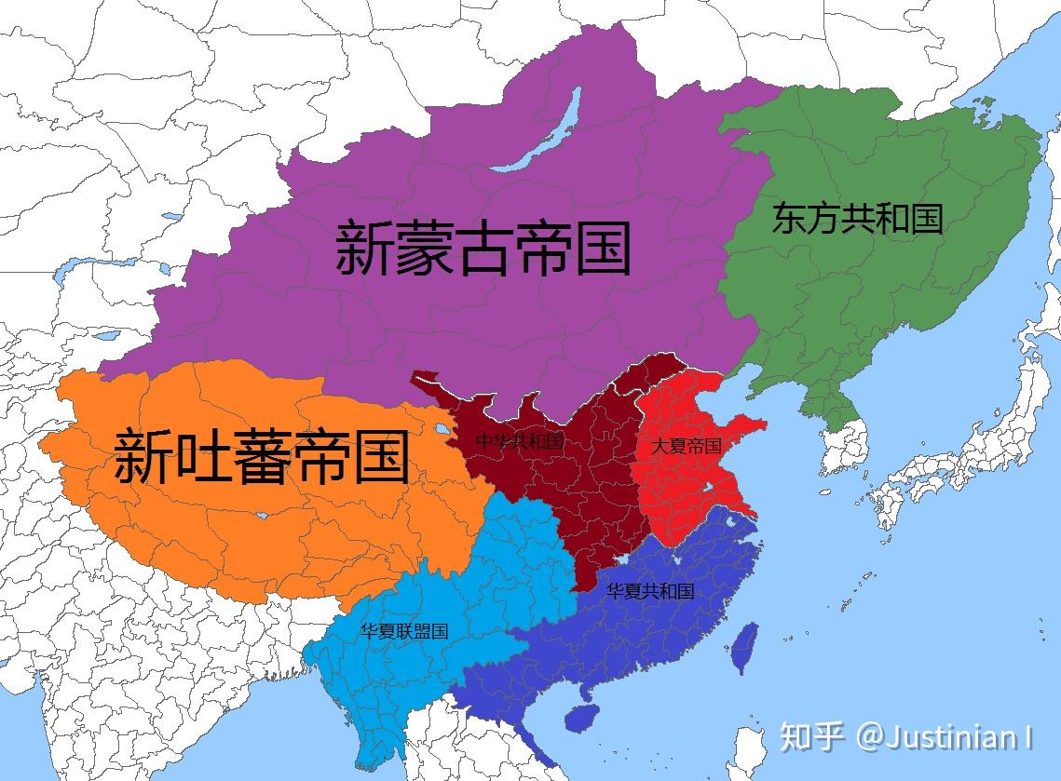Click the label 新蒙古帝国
click(x=483, y=249)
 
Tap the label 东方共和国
click(x=857, y=219)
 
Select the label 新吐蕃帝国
click(x=262, y=456)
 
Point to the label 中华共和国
click(x=520, y=441)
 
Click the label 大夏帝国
click(x=687, y=446)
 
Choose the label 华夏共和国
click(x=650, y=591)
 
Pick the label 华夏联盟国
click(x=404, y=631)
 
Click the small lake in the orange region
click(x=438, y=431)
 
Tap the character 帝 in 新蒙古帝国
click(x=543, y=249)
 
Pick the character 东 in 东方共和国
click(x=788, y=219)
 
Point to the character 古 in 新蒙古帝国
click(x=483, y=249)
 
